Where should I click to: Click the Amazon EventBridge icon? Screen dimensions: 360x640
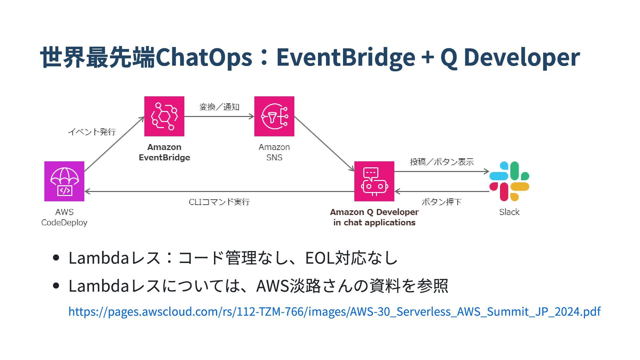click(164, 116)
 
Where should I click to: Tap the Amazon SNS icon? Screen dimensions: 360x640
click(274, 116)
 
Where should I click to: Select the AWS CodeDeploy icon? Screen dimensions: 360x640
click(64, 181)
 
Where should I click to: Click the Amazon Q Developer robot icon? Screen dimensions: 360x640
click(374, 181)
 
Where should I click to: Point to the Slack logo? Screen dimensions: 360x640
click(509, 181)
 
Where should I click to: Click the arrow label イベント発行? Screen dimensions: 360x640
click(92, 132)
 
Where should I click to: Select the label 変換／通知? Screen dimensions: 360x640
click(219, 107)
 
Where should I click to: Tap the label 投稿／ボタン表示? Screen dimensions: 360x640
click(442, 162)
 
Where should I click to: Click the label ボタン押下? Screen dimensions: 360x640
click(441, 202)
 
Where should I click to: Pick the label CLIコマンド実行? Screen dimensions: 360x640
click(219, 202)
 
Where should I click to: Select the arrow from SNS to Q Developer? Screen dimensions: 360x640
click(324, 144)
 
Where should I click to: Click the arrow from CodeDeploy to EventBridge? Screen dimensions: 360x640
click(114, 144)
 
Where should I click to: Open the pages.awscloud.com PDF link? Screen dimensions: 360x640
click(334, 311)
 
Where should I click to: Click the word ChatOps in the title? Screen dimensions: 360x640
click(204, 57)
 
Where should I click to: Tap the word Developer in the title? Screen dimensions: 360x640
click(522, 57)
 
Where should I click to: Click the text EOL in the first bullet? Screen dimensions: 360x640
click(320, 258)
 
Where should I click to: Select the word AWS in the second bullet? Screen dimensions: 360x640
click(272, 286)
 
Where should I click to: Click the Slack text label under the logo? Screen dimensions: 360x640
click(509, 212)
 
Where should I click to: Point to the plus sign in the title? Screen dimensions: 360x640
click(428, 57)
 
